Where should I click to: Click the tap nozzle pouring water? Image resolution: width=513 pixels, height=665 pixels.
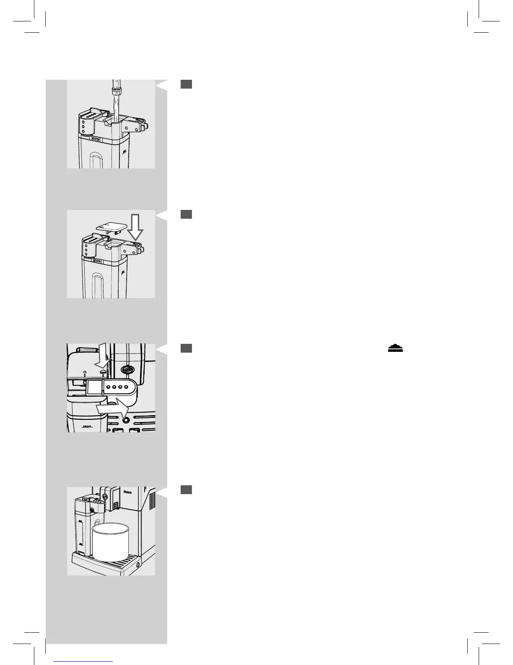[115, 89]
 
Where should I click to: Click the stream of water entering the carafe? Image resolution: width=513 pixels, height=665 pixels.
[115, 109]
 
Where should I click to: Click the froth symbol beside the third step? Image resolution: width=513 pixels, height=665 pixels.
[395, 348]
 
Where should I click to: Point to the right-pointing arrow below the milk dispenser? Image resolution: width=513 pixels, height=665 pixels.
[112, 407]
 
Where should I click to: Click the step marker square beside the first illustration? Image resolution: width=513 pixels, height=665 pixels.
[187, 84]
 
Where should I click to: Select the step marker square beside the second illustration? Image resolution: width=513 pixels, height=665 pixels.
[187, 214]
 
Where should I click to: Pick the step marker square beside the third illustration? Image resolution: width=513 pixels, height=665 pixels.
[187, 348]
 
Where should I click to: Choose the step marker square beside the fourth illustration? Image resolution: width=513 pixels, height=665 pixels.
[187, 490]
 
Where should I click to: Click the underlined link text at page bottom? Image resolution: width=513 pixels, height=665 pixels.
[83, 661]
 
